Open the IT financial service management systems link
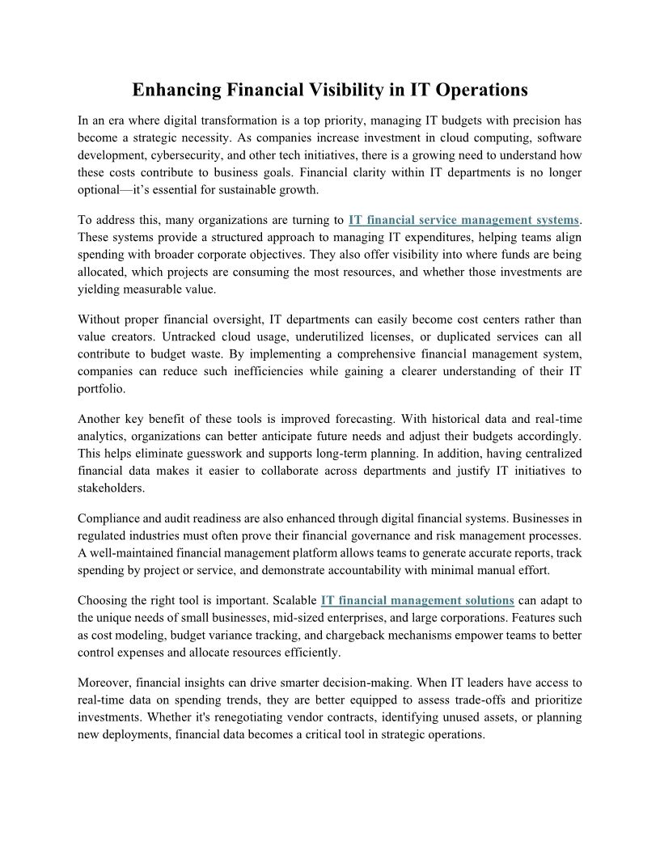pyautogui.click(x=463, y=220)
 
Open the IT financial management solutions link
pyautogui.click(x=417, y=600)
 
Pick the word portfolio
pyautogui.click(x=101, y=388)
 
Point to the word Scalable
pyautogui.click(x=293, y=600)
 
